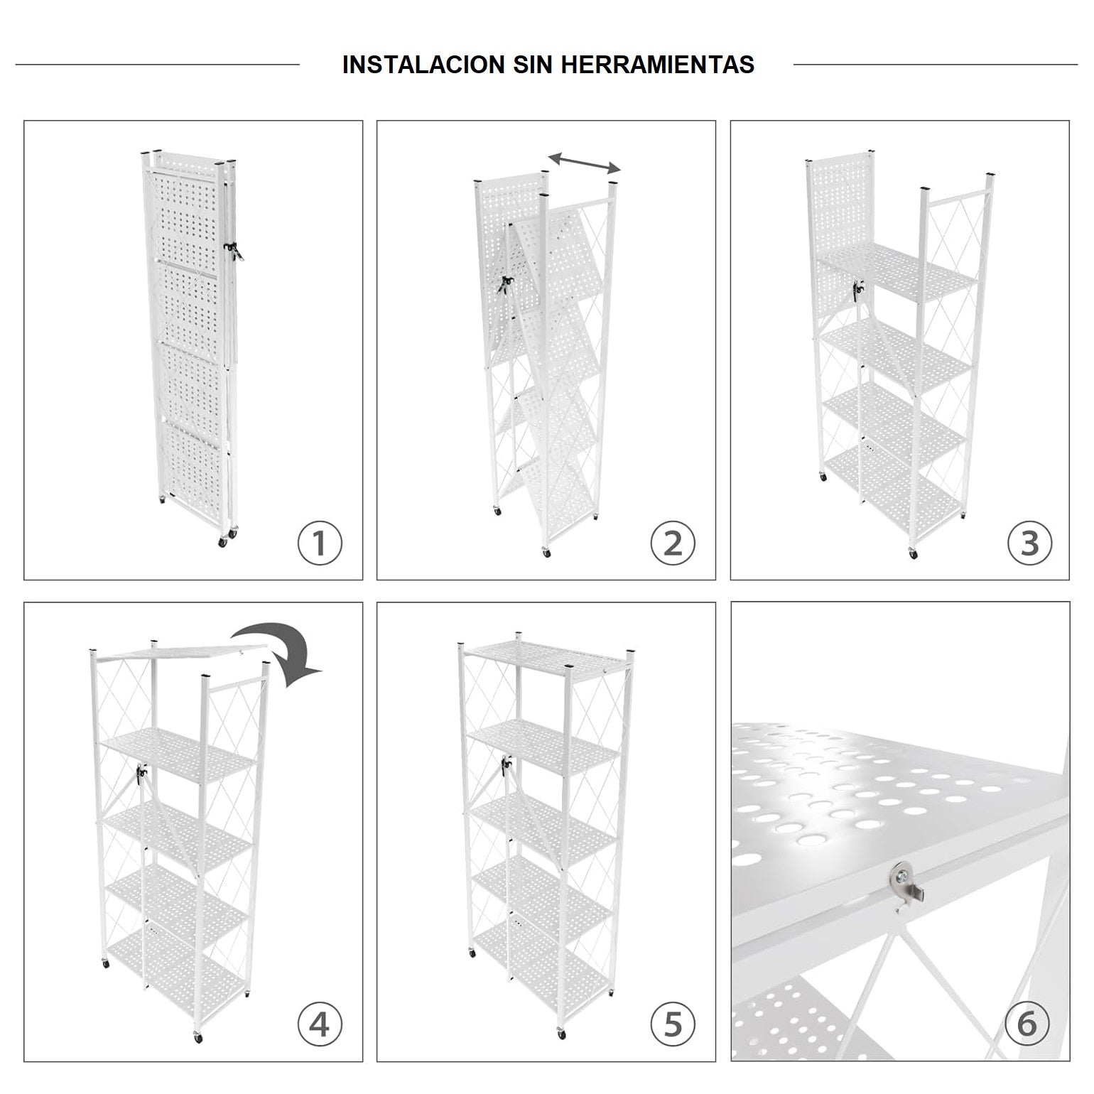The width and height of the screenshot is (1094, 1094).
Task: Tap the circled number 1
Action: pos(320,543)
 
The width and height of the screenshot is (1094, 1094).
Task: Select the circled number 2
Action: pos(673,543)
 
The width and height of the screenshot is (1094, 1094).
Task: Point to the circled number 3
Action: pos(1029,543)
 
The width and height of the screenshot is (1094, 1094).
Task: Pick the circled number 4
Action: pos(320,1025)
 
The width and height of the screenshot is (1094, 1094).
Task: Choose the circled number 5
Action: pos(673,1025)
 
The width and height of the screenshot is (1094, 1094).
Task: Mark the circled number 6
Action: pos(1027,1025)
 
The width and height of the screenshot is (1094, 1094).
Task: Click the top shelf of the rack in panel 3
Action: pos(899,274)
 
